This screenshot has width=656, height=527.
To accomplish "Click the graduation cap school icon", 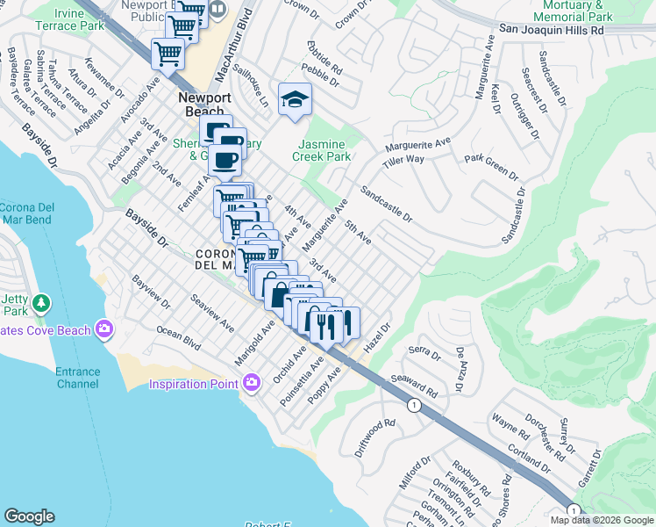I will click(296, 99).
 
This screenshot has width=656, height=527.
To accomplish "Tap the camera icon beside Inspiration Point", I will click(253, 383).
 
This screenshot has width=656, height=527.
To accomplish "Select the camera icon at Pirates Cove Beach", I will click(105, 329).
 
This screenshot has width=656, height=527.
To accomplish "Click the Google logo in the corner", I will click(30, 516).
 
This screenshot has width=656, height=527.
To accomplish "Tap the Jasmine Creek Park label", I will click(324, 150).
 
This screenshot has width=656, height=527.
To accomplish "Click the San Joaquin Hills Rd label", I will click(553, 29).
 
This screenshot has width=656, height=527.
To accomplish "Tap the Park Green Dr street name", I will click(491, 168).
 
